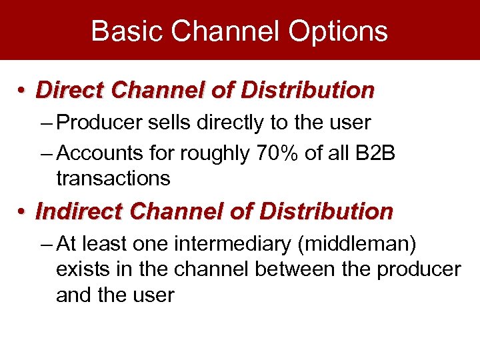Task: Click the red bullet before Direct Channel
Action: (23, 91)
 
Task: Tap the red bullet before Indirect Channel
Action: (23, 213)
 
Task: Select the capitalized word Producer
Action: (100, 123)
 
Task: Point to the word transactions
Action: (113, 179)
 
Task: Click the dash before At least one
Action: (47, 245)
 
